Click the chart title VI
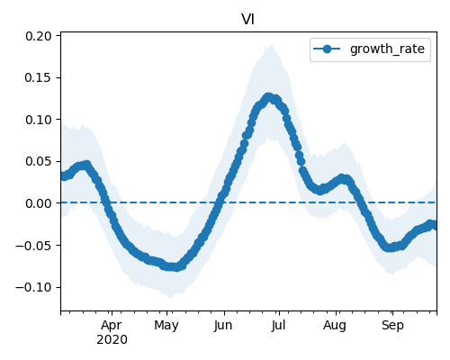[x=248, y=20]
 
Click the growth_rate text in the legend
[x=387, y=49]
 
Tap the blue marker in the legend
[x=327, y=49]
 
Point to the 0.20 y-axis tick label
[x=39, y=36]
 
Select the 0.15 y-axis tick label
[x=39, y=77]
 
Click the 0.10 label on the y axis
[x=39, y=120]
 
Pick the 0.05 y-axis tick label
[x=39, y=161]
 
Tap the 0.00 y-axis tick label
[x=39, y=203]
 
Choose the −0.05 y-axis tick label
[x=33, y=246]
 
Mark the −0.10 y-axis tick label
[x=33, y=287]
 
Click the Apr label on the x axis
[x=112, y=326]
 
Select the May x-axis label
[x=166, y=326]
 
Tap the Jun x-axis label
[x=223, y=326]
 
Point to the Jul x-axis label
[x=278, y=326]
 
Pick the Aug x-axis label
[x=335, y=326]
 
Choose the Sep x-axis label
[x=392, y=326]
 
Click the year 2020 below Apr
[x=112, y=339]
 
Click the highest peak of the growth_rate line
[x=268, y=97]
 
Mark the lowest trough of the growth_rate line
[x=176, y=267]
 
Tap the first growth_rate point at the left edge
[x=63, y=176]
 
